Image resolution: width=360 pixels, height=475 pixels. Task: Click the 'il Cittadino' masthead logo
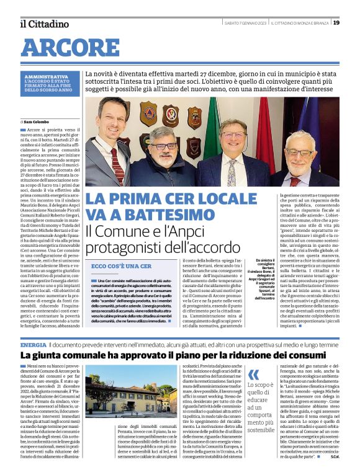[x=45, y=24]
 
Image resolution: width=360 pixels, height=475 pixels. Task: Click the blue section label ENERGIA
[x=33, y=344]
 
